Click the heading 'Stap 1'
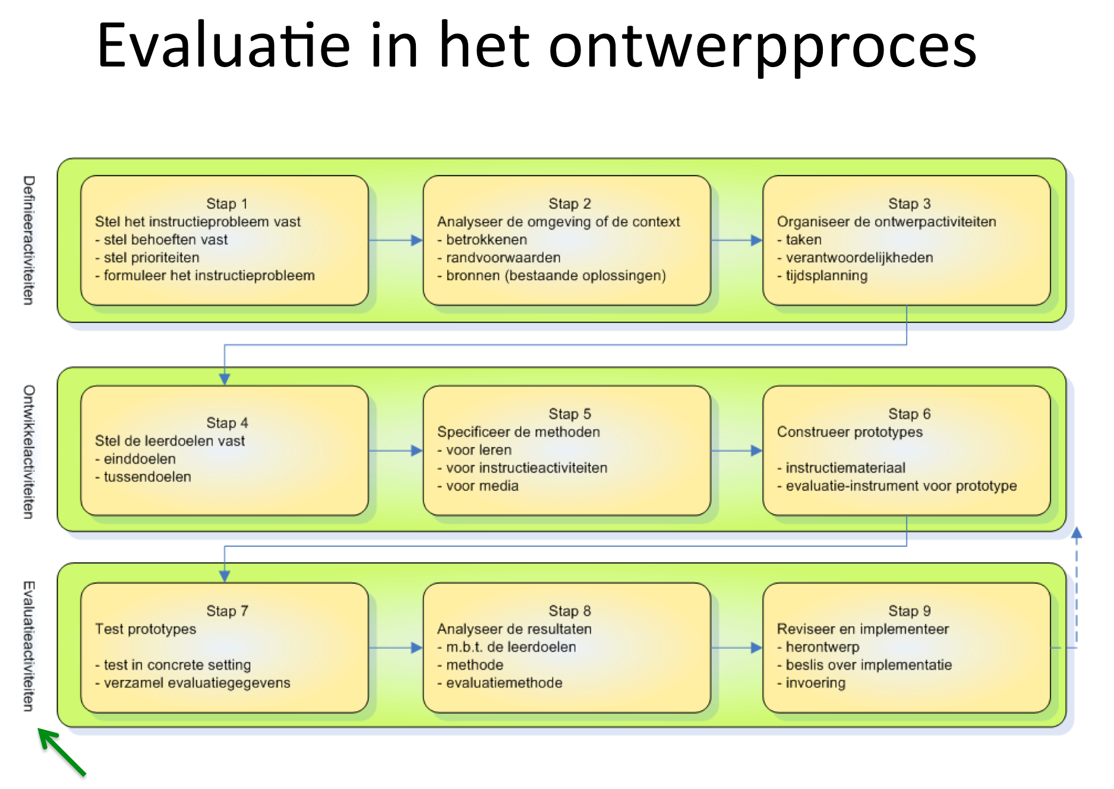tap(226, 204)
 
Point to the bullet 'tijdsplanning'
tap(826, 275)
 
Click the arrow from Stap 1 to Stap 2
tap(396, 240)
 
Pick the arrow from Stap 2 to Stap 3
tap(737, 240)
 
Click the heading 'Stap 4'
tap(226, 423)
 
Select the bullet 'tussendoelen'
tap(147, 477)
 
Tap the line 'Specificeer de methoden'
tap(518, 432)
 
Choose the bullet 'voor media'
tap(482, 486)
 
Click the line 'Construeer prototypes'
tap(850, 432)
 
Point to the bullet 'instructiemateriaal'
tap(845, 468)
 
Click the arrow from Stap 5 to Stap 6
tap(737, 451)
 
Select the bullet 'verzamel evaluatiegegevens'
tap(197, 683)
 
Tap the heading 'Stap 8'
tap(569, 611)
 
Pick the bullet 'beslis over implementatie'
tap(868, 665)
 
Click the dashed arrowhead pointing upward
tap(1076, 533)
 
